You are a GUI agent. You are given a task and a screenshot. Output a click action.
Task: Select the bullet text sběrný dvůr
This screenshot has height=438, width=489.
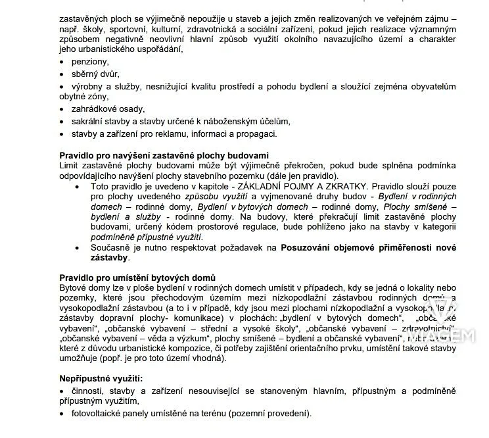tap(95, 74)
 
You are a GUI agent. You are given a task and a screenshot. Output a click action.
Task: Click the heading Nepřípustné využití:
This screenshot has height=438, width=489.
tap(101, 379)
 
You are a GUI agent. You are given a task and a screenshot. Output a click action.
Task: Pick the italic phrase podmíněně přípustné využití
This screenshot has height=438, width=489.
tap(146, 237)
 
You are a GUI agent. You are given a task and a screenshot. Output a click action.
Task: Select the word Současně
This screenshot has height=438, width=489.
tap(112, 247)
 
